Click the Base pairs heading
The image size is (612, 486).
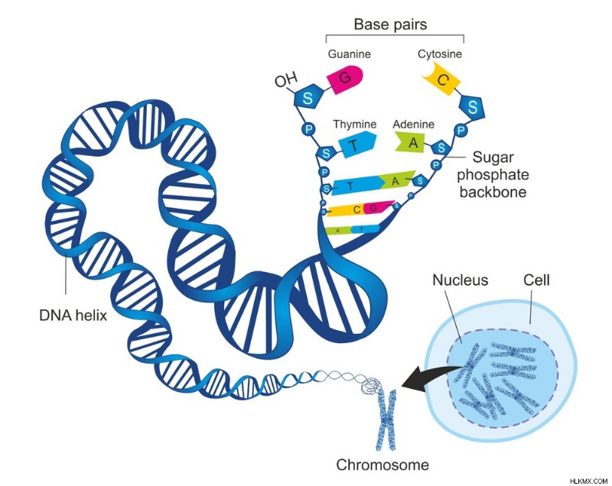[x=390, y=24]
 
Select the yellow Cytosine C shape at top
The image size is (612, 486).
[x=441, y=81]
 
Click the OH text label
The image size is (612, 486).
[x=286, y=80]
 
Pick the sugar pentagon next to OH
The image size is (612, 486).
[x=308, y=98]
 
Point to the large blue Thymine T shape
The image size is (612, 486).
[x=357, y=144]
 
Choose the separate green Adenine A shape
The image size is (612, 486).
[x=412, y=143]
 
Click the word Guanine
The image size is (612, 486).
[x=350, y=53]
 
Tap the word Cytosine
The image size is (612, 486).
[x=440, y=53]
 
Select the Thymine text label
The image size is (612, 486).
[x=355, y=124]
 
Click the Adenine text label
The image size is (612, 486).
[x=413, y=125]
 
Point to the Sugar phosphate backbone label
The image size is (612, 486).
[x=493, y=174]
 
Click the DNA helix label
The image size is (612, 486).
[x=73, y=315]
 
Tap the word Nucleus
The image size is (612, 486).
[x=461, y=280]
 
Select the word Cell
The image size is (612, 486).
[x=536, y=280]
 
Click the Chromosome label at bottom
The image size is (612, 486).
[x=382, y=465]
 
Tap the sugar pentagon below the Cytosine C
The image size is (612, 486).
[x=472, y=107]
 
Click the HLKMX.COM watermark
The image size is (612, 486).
[x=589, y=481]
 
